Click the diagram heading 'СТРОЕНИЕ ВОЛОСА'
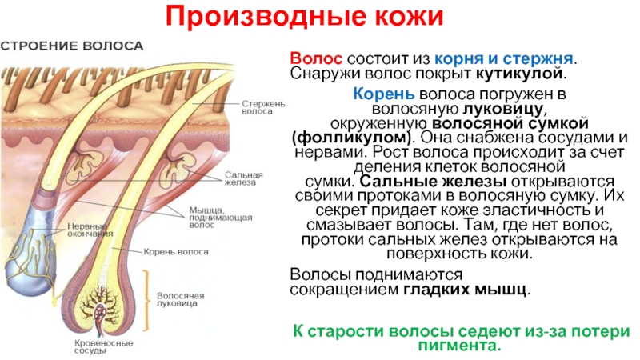(72, 46)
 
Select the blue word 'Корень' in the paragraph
(378, 94)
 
